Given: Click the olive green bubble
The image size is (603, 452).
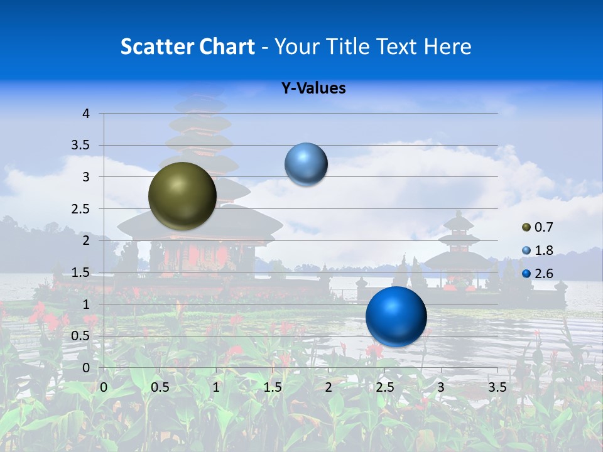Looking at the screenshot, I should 182,196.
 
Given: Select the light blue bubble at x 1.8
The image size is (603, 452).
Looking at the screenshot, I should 306,164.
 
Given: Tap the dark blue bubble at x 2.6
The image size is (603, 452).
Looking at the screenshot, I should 396,316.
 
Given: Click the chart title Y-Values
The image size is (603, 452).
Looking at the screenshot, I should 313,89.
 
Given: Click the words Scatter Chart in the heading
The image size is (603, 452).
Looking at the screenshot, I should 187,46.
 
